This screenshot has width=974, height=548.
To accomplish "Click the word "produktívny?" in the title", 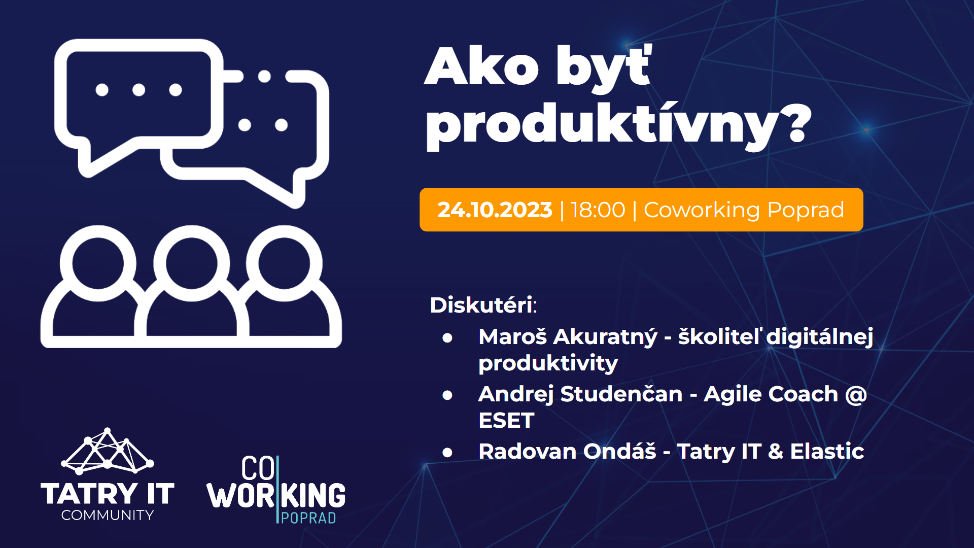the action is pyautogui.click(x=618, y=125).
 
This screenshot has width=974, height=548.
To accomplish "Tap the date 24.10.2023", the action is pyautogui.click(x=495, y=210).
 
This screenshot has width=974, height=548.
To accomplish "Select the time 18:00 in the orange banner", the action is pyautogui.click(x=598, y=210).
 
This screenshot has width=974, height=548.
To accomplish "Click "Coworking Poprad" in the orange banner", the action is pyautogui.click(x=744, y=210).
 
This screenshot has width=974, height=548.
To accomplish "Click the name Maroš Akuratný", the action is pyautogui.click(x=568, y=336).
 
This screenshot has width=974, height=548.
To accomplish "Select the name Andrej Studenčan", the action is pyautogui.click(x=580, y=394).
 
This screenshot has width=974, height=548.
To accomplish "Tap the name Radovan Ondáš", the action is pyautogui.click(x=567, y=451).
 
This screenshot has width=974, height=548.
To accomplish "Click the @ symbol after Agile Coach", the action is pyautogui.click(x=856, y=394).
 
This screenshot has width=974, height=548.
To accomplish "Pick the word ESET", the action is pyautogui.click(x=506, y=421).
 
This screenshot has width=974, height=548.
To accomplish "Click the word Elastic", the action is pyautogui.click(x=827, y=451).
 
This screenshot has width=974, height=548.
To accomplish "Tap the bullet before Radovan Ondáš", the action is pyautogui.click(x=447, y=452).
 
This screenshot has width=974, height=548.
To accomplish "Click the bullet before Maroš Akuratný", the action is pyautogui.click(x=447, y=337).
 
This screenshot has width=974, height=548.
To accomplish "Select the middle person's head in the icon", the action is pyautogui.click(x=191, y=263).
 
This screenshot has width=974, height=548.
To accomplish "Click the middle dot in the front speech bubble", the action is pyautogui.click(x=138, y=90).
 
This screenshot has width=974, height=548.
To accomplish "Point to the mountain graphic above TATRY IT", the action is pyautogui.click(x=107, y=451).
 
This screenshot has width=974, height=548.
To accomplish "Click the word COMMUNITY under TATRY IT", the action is pyautogui.click(x=108, y=515).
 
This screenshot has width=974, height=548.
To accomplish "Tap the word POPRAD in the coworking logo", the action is pyautogui.click(x=308, y=518).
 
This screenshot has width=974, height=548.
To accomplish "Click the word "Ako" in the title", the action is pyautogui.click(x=481, y=66).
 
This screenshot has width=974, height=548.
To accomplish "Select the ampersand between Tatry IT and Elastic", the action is pyautogui.click(x=775, y=451).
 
